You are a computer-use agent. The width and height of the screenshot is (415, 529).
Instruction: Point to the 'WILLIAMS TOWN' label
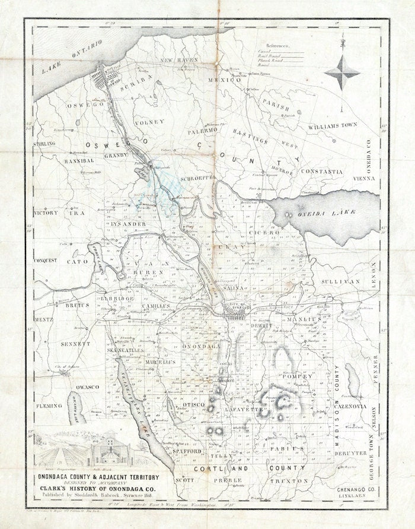333,126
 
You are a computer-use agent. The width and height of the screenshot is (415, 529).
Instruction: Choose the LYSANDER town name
126,224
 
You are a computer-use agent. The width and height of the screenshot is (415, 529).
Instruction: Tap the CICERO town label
267,233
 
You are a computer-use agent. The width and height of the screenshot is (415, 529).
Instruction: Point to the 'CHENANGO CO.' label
353,478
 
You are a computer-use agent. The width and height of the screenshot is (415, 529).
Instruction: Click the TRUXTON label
290,479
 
